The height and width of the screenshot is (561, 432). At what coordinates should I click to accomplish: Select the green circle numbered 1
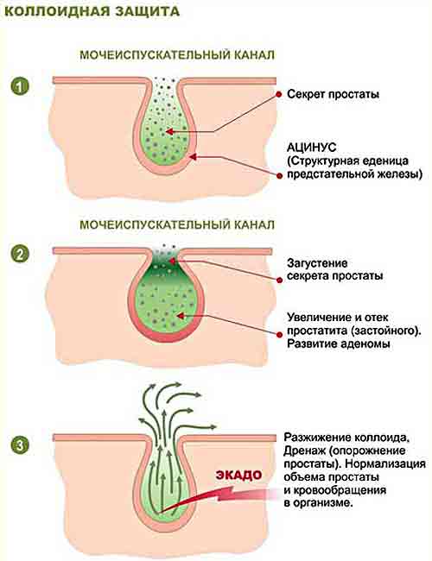pyautogui.click(x=20, y=86)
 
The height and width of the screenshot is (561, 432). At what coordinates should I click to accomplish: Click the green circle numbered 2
pyautogui.click(x=20, y=254)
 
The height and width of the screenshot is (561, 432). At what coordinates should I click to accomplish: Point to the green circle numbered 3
pyautogui.click(x=20, y=446)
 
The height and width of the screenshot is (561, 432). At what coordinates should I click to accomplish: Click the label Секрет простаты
pyautogui.click(x=334, y=94)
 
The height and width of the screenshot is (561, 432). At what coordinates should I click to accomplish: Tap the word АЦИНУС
pyautogui.click(x=312, y=147)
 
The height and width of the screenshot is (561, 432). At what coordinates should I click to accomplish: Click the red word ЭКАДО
pyautogui.click(x=238, y=475)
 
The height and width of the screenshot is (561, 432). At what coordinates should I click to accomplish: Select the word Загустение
pyautogui.click(x=317, y=263)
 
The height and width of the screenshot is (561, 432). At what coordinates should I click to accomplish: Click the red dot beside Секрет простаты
pyautogui.click(x=279, y=94)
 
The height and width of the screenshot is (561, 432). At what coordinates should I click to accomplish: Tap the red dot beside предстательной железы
pyautogui.click(x=279, y=175)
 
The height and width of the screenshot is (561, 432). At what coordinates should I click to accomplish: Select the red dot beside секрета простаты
pyautogui.click(x=279, y=280)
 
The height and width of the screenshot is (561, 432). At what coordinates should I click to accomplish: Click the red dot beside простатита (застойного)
pyautogui.click(x=279, y=334)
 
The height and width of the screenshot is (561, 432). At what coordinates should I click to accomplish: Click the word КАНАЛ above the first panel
pyautogui.click(x=255, y=55)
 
